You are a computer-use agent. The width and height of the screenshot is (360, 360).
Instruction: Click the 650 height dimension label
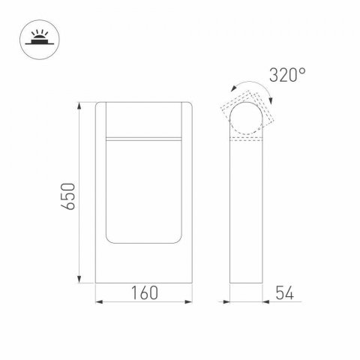(67, 196)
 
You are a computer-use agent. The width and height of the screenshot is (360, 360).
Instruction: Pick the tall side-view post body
(245, 210)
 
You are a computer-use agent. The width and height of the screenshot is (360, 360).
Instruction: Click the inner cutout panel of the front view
(145, 191)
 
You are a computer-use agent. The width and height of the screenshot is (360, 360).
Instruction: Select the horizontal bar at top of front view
(145, 139)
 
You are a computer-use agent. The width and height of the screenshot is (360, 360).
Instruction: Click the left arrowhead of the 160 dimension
(100, 303)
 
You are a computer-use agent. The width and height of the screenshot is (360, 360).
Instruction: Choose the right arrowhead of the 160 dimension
(190, 303)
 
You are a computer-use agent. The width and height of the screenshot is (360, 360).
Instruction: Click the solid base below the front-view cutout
(145, 264)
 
